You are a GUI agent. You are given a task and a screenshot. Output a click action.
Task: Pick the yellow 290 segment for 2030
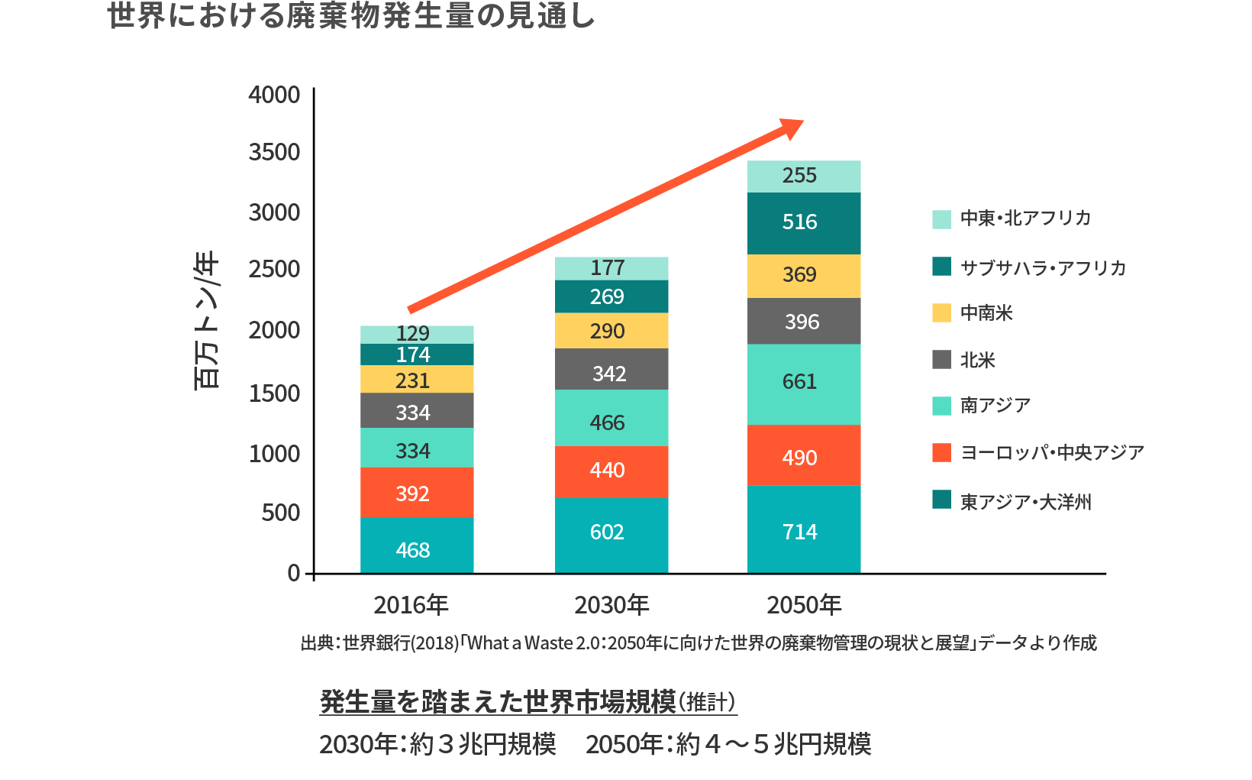point(611,331)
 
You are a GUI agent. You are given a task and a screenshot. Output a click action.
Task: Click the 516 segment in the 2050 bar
point(804,223)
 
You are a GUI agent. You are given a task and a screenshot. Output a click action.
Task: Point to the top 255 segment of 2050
point(804,176)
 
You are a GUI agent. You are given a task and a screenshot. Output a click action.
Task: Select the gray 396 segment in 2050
point(804,321)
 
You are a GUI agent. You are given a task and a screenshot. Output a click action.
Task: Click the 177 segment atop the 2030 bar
point(611,268)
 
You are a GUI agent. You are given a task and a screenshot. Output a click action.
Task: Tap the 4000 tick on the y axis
point(274,95)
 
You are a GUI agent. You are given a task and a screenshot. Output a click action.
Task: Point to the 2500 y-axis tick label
point(274,269)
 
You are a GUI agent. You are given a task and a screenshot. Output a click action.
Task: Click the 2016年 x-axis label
point(411,605)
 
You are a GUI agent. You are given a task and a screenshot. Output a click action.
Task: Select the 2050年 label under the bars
point(804,605)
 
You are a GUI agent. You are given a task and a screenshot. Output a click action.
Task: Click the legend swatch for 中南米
point(941,313)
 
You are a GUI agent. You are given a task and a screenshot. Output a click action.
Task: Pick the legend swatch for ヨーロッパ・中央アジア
point(941,452)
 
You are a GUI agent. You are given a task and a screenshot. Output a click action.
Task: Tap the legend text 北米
point(978,360)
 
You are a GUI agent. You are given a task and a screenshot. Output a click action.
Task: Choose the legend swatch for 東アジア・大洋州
point(941,500)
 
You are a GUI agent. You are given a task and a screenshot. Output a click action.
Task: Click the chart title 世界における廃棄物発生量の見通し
point(351,17)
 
